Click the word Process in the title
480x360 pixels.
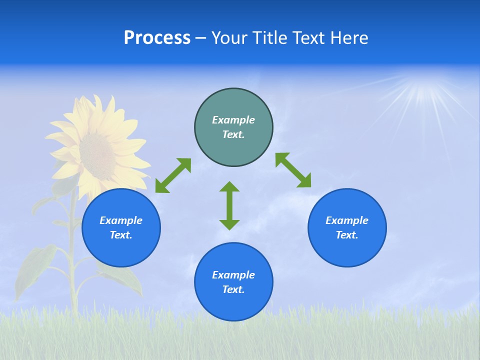[x=157, y=38]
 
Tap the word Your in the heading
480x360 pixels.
[x=230, y=38]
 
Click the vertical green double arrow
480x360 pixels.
[x=229, y=205]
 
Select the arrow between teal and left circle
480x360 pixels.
[x=173, y=175]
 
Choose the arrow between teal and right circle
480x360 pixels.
[x=293, y=170]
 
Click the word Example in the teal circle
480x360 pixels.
[x=233, y=120]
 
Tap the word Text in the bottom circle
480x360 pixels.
[x=233, y=289]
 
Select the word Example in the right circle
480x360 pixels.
[x=347, y=220]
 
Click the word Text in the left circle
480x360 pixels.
[x=121, y=235]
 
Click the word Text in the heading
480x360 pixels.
[x=309, y=38]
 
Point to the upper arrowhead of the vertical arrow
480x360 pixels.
[x=229, y=186]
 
